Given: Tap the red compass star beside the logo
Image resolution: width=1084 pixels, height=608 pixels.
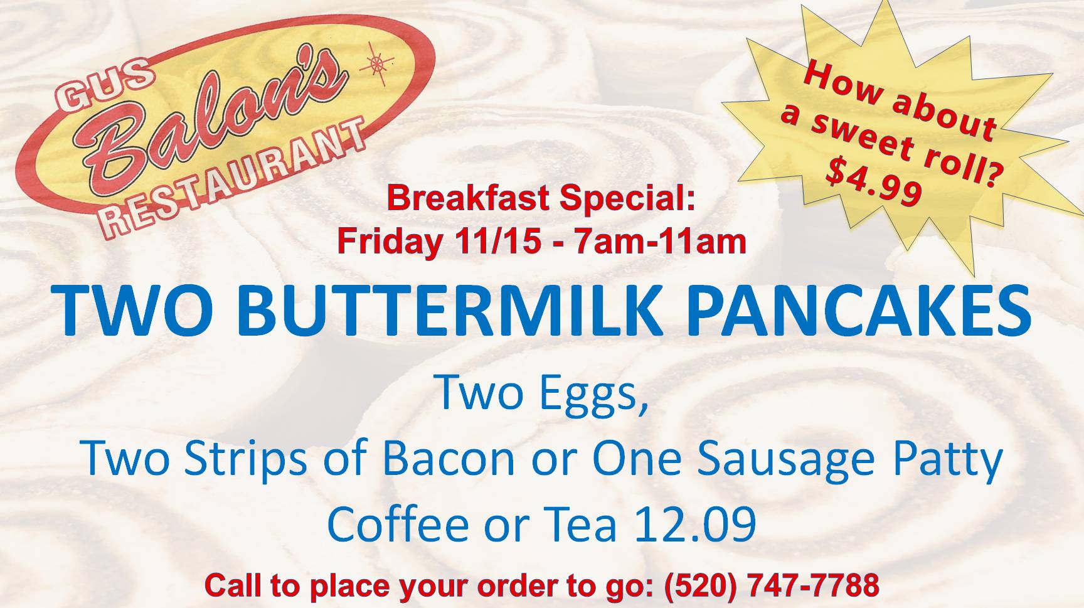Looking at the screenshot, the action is click(376, 64).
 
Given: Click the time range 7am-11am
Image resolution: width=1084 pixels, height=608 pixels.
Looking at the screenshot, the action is click(660, 241).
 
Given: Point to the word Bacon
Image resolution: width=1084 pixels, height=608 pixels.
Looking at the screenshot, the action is click(448, 458).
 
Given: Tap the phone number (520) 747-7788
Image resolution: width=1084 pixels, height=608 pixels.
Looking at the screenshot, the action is click(772, 585).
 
